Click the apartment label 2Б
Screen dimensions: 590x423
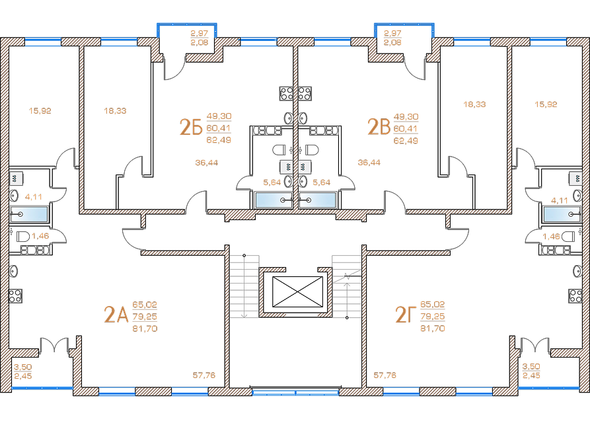point(191,127)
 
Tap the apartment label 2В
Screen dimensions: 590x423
point(379,127)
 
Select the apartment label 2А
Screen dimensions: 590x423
point(116,315)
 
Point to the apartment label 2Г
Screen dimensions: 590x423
point(405,315)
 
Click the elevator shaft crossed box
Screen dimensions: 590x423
point(297,291)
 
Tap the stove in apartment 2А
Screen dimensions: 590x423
point(15,296)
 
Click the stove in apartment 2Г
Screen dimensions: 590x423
point(575,296)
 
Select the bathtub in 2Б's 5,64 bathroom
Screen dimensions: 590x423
point(274,200)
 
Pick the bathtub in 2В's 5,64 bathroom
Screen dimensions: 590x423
point(318,200)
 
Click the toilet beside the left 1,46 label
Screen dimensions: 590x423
point(23,237)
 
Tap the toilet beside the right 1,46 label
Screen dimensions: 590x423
point(568,237)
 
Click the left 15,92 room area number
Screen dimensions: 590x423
point(40,110)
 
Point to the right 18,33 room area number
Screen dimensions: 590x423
point(474,104)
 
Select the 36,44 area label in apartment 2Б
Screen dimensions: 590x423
point(207,163)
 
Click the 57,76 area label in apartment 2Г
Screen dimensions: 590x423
point(385,375)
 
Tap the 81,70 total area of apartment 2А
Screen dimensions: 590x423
point(145,328)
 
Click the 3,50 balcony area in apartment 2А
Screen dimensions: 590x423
point(23,367)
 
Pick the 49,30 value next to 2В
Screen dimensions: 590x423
point(406,117)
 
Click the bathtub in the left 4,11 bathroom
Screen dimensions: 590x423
point(29,214)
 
